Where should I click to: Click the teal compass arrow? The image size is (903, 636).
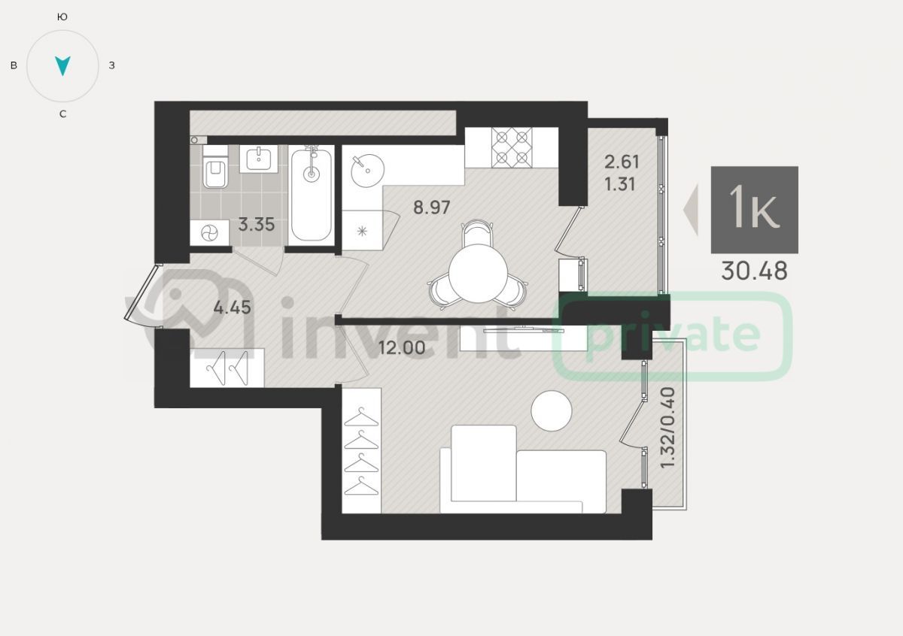point(62,65)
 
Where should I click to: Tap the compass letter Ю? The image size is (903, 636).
point(62,17)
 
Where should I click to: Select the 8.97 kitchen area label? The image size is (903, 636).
point(432,207)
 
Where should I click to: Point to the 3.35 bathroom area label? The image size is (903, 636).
point(257,224)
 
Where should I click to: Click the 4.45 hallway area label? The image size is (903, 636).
point(233,307)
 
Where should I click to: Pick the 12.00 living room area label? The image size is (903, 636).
point(402,347)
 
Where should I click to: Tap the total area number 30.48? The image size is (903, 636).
point(754,271)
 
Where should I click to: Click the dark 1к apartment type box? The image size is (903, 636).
point(754,210)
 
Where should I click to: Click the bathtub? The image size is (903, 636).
point(312,195)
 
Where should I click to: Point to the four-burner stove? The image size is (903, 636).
point(512,147)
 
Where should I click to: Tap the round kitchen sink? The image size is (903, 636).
point(367,171)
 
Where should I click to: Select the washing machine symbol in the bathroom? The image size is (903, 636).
point(210,233)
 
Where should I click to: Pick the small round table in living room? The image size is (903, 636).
point(552,410)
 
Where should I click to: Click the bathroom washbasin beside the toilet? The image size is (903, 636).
point(258,159)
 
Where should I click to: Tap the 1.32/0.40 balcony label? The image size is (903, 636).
point(667,428)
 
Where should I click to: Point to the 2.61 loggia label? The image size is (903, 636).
point(622,162)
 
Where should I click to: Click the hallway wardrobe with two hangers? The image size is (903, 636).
point(227,368)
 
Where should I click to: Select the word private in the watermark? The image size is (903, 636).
point(673,336)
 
